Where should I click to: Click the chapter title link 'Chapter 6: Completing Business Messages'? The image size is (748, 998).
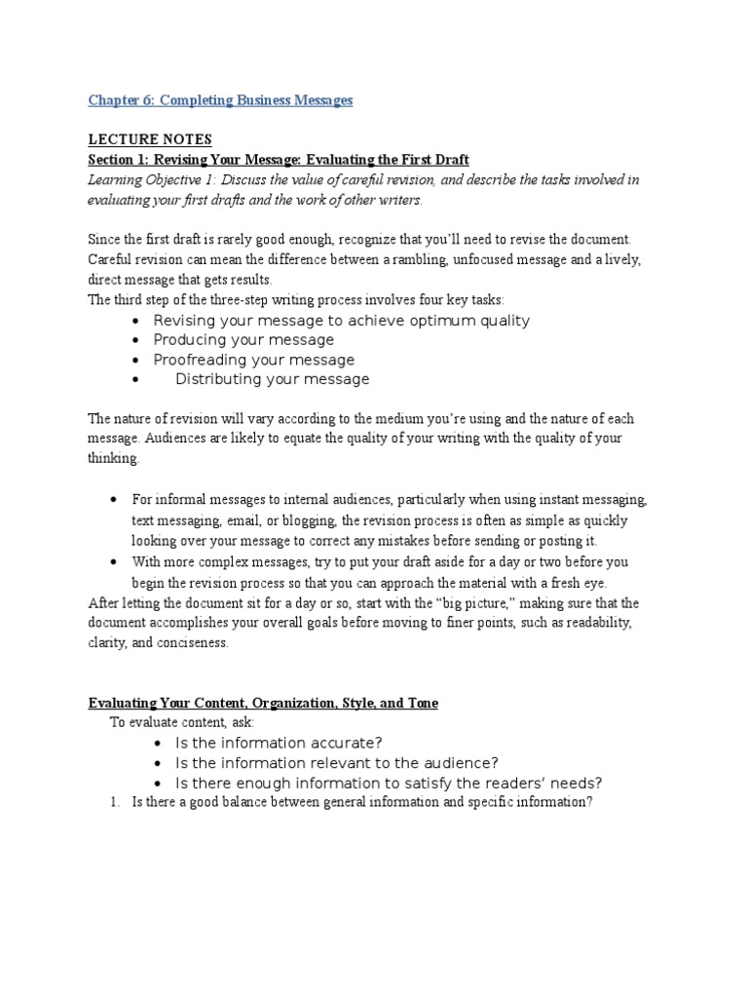tap(220, 100)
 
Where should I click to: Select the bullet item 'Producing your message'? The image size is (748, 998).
tap(243, 340)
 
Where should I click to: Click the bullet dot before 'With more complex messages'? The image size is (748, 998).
tap(114, 561)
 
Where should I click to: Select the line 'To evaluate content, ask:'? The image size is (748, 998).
tap(181, 722)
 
